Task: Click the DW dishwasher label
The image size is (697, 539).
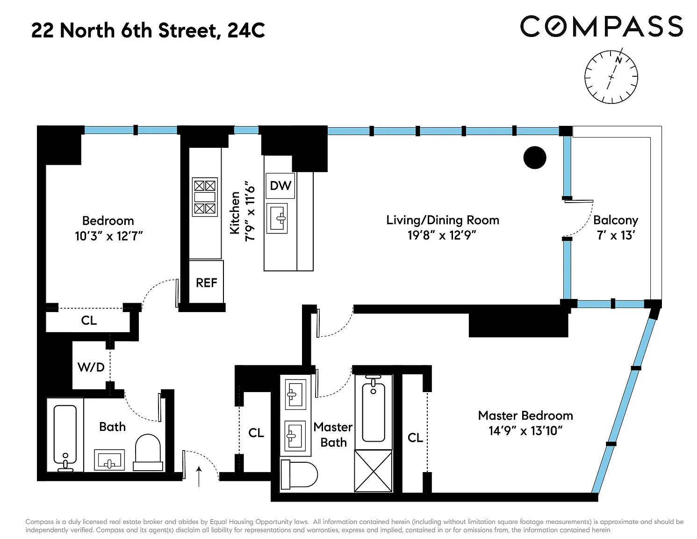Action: (280, 186)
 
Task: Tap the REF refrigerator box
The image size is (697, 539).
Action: (206, 282)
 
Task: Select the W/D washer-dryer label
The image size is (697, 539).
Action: (91, 367)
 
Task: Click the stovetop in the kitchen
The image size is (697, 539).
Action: (205, 197)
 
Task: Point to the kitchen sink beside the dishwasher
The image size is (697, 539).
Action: (277, 219)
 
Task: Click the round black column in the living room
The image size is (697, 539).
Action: (535, 157)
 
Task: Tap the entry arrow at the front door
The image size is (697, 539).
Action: (199, 476)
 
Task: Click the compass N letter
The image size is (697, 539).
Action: (618, 60)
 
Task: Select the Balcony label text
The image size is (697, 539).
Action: (616, 220)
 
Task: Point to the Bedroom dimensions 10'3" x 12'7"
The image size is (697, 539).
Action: (108, 236)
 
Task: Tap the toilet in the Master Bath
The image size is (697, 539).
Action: (299, 474)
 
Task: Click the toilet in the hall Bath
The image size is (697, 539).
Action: (148, 452)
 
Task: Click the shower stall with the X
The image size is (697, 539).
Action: (374, 471)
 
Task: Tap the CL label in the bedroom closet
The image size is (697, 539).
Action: (89, 320)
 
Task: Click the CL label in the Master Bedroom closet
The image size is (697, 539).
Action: (415, 437)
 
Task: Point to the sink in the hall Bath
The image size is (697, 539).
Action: (109, 460)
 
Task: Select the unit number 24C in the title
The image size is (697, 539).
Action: (246, 30)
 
